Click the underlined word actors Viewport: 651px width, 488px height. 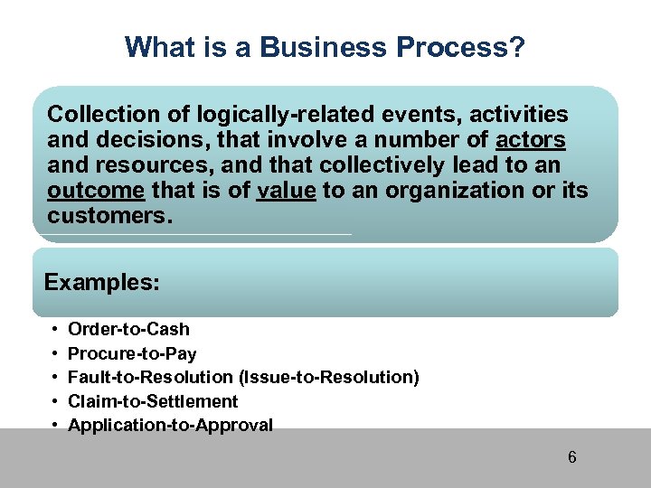[532, 140]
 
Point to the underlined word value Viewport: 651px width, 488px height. [286, 192]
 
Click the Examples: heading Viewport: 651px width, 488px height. [102, 283]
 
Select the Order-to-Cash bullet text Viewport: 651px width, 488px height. [129, 329]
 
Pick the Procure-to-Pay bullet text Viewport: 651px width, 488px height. [132, 353]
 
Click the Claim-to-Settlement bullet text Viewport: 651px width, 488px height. [153, 401]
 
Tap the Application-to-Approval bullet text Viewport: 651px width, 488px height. [170, 425]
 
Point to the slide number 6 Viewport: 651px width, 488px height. [571, 457]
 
